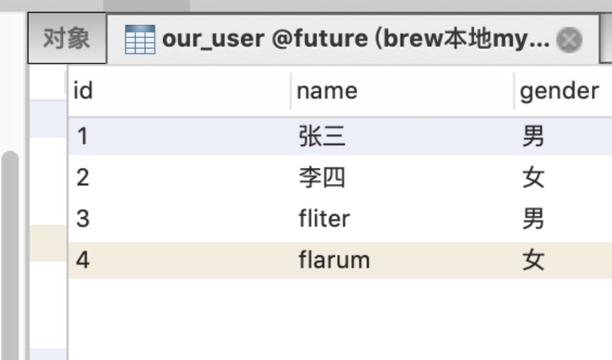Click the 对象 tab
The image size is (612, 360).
coord(66,39)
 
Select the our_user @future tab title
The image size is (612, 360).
coord(355,40)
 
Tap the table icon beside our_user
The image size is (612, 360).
coord(140,40)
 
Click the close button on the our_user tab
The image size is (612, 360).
coord(569,40)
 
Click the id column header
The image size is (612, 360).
coord(83,92)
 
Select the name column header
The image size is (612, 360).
coord(327,92)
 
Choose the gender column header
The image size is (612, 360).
coord(559,92)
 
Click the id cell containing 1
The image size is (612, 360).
coord(83,137)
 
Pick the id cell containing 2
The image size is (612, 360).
coord(83,178)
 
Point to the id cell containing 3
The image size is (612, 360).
coord(83,219)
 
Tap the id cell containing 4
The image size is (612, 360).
coord(83,260)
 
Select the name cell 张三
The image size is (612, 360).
coord(322,137)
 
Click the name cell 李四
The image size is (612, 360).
coord(322,178)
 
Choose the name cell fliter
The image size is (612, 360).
coord(323,219)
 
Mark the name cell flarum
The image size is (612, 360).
coord(334,260)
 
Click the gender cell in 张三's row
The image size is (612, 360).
coord(533,137)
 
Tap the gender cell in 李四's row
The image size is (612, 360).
coord(533,178)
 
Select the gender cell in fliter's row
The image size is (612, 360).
coord(533,219)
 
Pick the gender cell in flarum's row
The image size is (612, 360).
coord(533,260)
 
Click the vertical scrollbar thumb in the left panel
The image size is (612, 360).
coord(10,253)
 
